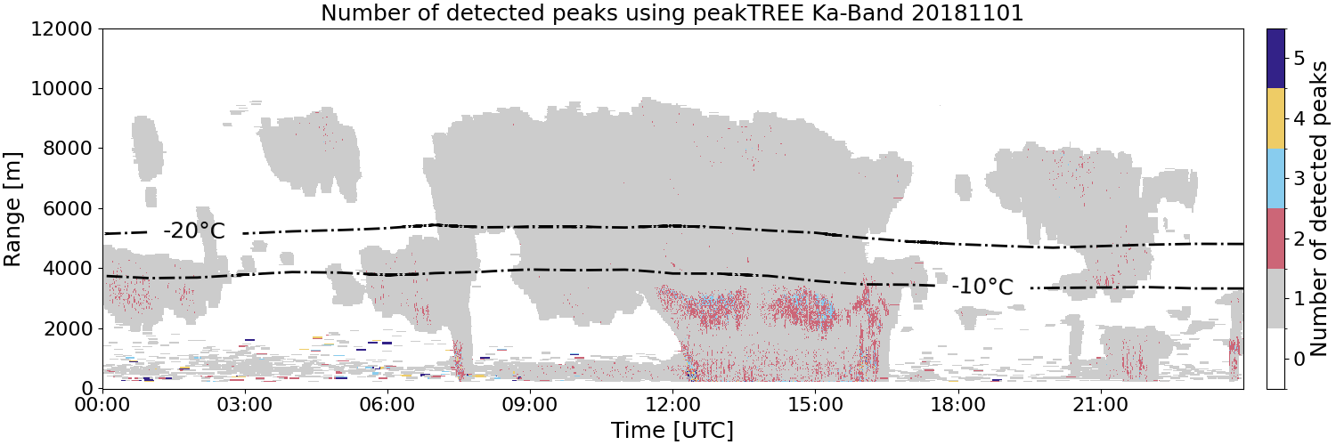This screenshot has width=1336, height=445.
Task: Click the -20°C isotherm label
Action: [194, 231]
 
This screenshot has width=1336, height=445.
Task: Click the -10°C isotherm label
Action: [982, 287]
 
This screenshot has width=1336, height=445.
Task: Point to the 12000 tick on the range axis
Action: [62, 29]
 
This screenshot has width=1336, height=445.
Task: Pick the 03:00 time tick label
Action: [245, 405]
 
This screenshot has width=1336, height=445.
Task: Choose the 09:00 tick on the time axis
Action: [530, 405]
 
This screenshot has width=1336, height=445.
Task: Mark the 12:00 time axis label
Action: [672, 405]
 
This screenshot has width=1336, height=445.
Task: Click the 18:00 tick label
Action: [957, 405]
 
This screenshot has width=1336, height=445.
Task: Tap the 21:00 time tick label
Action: [1100, 405]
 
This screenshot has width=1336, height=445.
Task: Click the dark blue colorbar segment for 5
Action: [1275, 59]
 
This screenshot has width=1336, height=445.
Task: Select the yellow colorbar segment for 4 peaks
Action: [1275, 118]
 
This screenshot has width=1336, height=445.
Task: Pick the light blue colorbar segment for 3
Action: [1275, 179]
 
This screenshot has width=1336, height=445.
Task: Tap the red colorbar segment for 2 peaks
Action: [1275, 239]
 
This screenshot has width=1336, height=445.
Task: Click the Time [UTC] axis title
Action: [672, 430]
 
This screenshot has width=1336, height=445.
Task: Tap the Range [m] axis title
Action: [12, 209]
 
